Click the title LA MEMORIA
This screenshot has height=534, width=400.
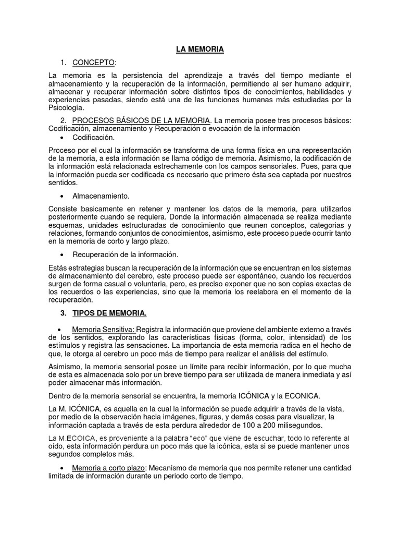click(x=199, y=49)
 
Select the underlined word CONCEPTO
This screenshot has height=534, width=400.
click(x=93, y=63)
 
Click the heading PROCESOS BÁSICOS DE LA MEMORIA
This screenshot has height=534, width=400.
click(x=141, y=121)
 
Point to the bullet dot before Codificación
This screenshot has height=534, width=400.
click(x=63, y=138)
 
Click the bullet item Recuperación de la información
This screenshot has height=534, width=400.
click(x=125, y=254)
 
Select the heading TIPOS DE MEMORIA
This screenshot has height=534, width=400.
click(x=109, y=313)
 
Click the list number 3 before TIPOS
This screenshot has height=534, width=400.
click(x=63, y=313)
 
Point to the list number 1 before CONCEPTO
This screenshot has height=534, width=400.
click(x=63, y=63)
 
